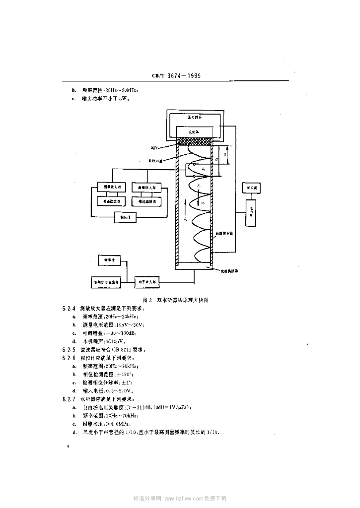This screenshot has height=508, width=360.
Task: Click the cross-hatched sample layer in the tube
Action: (196, 141)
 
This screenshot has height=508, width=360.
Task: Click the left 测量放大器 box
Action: (112, 188)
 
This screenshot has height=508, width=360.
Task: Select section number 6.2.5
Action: (69, 349)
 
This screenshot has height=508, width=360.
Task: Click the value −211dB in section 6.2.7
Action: (141, 407)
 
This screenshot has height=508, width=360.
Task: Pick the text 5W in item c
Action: (123, 99)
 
